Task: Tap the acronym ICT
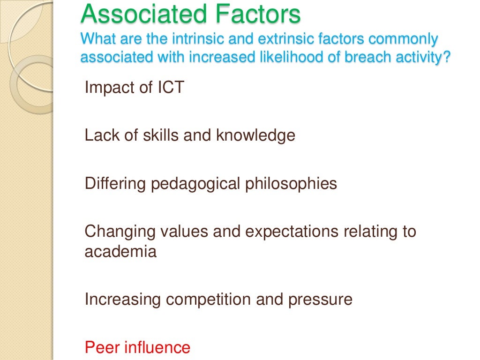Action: tap(168, 88)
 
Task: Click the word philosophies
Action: tap(292, 183)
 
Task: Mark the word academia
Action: tap(120, 252)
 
